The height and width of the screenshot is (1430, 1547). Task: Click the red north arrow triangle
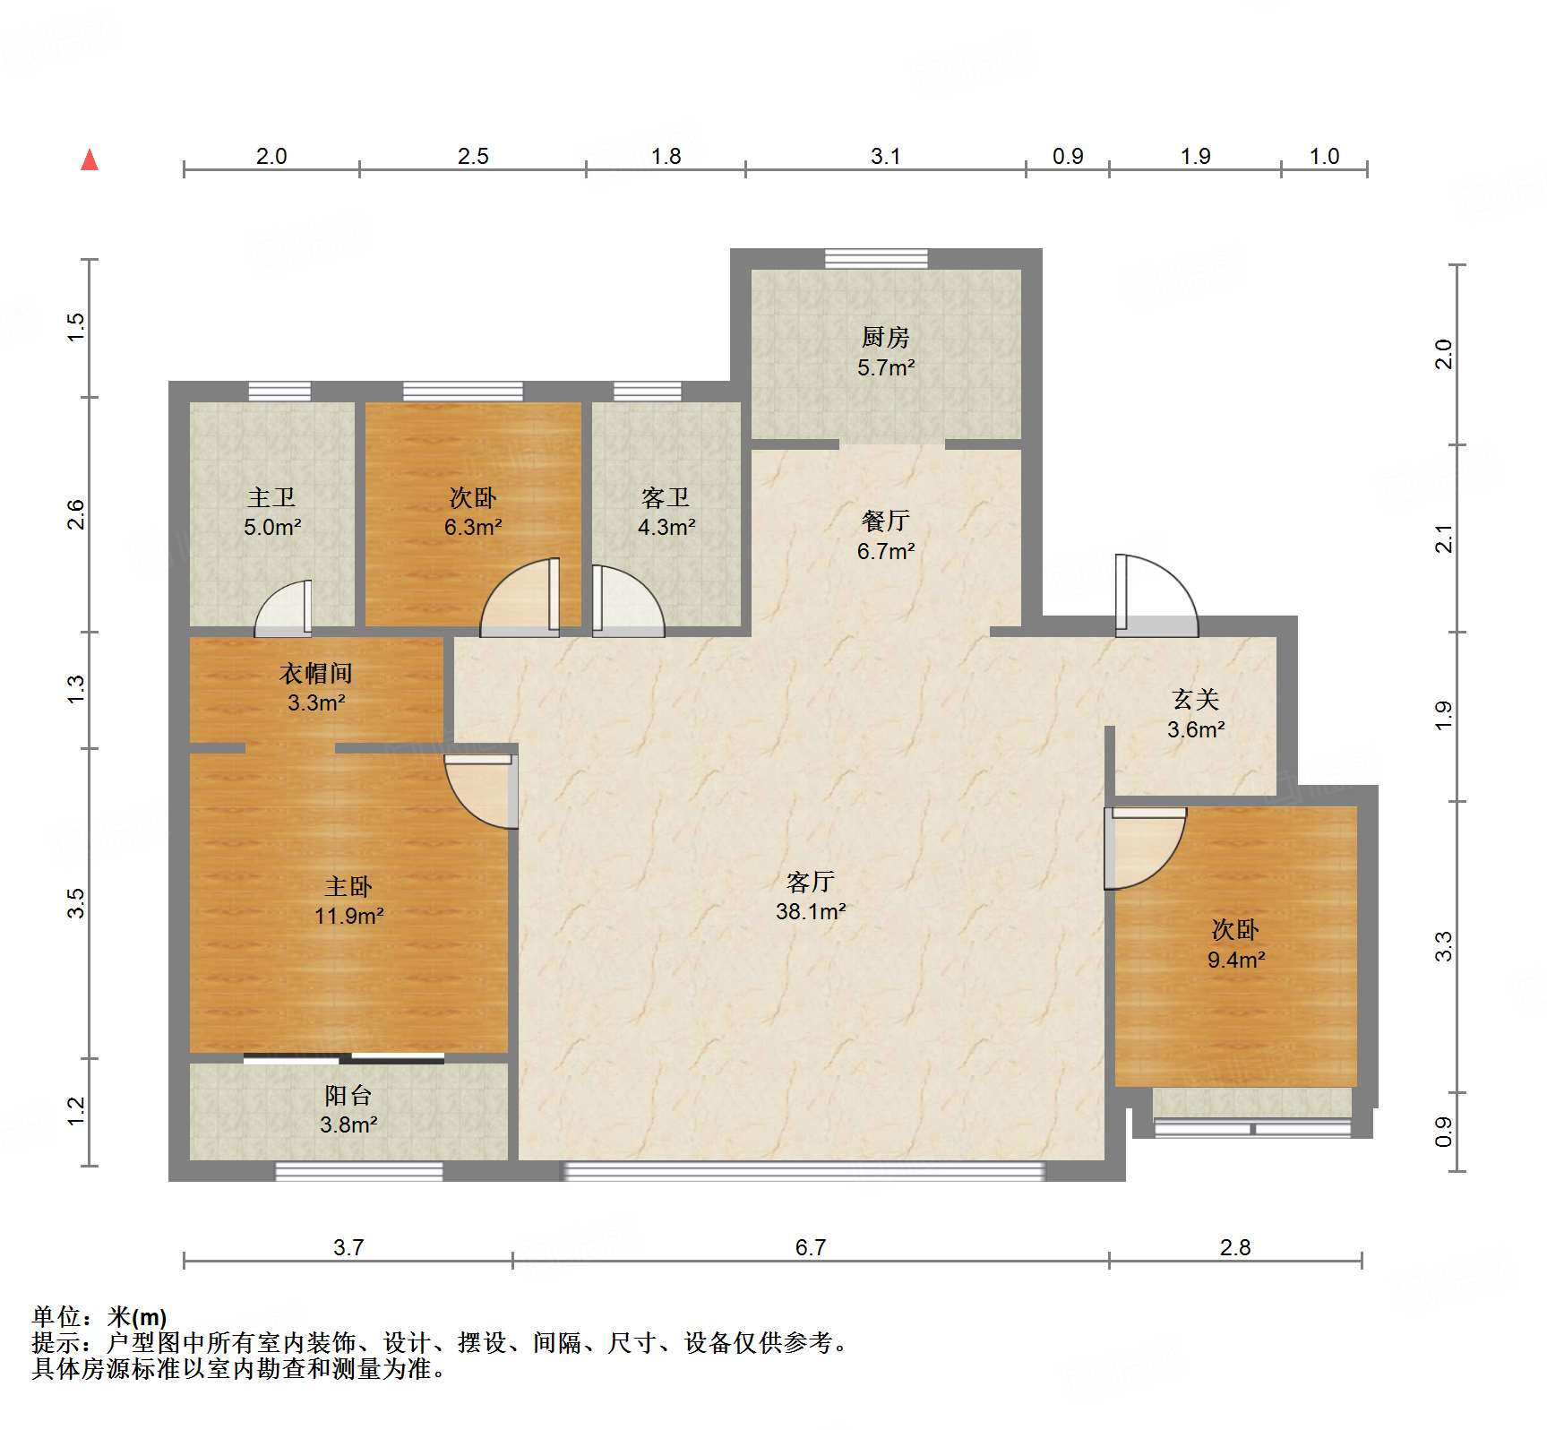pos(90,159)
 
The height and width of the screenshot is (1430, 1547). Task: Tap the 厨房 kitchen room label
pos(885,337)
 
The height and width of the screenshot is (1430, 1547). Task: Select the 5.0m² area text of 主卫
pos(272,527)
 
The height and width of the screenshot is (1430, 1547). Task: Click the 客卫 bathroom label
pos(666,497)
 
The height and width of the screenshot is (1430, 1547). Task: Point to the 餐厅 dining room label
pos(885,521)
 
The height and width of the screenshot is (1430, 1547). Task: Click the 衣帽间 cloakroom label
pos(316,673)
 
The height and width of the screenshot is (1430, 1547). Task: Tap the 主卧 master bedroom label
pos(348,886)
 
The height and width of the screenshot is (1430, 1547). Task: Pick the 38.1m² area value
pos(811,912)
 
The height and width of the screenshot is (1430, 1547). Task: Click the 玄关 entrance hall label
pos(1196,699)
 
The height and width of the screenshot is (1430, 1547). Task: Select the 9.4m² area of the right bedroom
pos(1236,961)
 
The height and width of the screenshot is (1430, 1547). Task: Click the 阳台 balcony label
pos(348,1095)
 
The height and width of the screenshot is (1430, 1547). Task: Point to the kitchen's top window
pos(876,259)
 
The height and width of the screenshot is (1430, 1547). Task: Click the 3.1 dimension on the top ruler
pos(885,156)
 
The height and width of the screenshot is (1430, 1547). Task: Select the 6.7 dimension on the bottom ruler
pos(810,1247)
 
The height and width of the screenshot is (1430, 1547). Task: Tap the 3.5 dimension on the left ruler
pos(77,902)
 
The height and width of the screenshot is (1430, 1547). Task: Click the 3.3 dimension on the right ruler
pos(1443,946)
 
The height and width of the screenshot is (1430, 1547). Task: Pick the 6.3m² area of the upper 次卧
pos(473,527)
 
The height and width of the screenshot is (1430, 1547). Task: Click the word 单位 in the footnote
pos(56,1316)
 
